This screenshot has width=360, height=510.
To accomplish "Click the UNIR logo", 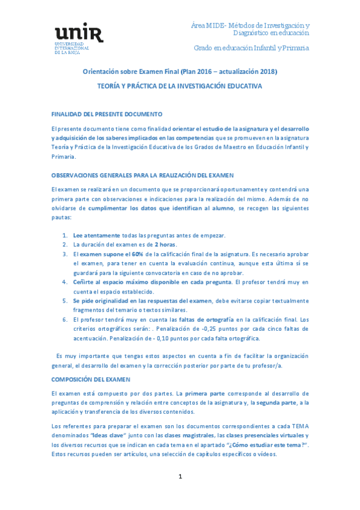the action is (x=79, y=40).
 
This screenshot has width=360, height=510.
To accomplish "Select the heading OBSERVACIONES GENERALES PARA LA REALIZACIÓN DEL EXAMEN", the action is (x=142, y=175).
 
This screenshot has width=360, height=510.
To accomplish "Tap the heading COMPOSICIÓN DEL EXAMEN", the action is (x=90, y=380).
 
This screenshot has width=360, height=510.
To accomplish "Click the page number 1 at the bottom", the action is (x=180, y=476).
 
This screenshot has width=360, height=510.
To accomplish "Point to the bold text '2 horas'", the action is (x=165, y=245).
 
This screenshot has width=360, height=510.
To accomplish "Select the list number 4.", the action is (x=65, y=282).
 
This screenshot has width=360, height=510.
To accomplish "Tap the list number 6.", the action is (x=65, y=319).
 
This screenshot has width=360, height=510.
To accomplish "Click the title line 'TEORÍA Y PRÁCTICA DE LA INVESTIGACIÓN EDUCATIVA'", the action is (x=180, y=86).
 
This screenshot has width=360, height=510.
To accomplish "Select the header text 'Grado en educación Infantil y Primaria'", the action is (x=251, y=47).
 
